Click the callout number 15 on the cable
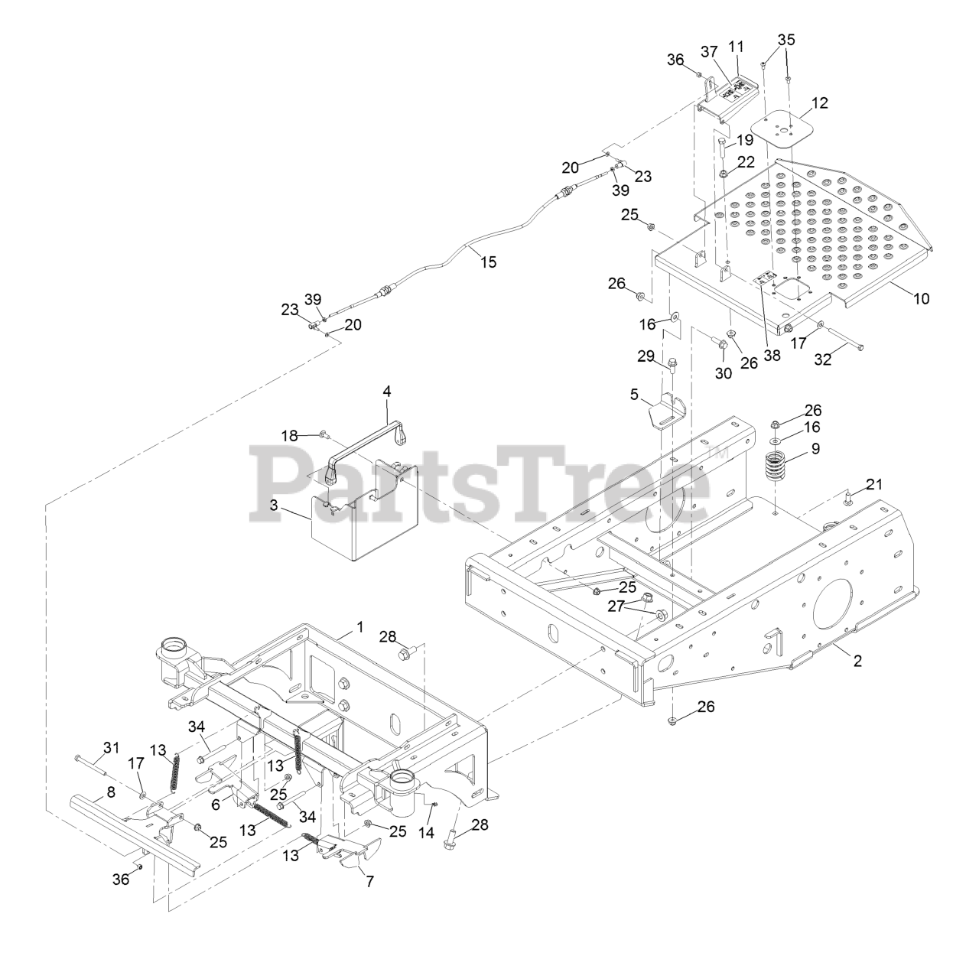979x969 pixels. coord(488,262)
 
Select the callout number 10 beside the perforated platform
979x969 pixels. coord(921,298)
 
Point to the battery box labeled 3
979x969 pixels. coord(359,528)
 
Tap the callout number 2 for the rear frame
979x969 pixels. coord(857,661)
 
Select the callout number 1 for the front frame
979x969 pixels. coord(359,627)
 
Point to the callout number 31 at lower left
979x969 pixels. coord(112,746)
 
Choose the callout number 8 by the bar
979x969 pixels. coord(111,792)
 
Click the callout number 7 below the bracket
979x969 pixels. coord(369,881)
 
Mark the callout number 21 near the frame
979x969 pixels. coord(874,484)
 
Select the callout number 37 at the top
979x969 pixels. coord(709,51)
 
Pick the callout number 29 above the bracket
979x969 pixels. coord(646,356)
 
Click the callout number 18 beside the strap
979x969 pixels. coord(288,436)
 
